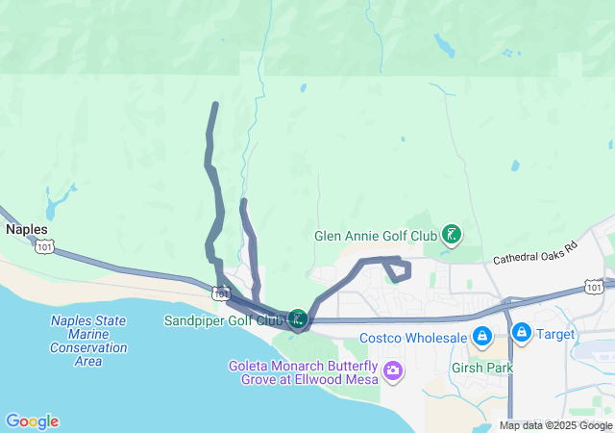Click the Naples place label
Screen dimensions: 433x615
[27, 230]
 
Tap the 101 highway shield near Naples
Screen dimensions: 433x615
[44, 247]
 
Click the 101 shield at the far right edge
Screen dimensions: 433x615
[594, 287]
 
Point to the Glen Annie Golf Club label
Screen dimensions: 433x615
[376, 236]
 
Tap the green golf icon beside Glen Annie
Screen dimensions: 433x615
[451, 235]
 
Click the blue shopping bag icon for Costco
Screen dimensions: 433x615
[482, 337]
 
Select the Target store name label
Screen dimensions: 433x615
[555, 335]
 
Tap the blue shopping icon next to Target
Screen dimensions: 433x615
[522, 334]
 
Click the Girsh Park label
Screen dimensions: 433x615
[482, 368]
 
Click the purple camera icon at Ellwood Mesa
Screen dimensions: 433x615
[392, 370]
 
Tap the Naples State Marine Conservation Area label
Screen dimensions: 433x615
[88, 341]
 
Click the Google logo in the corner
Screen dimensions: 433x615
[32, 420]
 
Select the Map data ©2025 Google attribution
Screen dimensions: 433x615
[555, 425]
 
